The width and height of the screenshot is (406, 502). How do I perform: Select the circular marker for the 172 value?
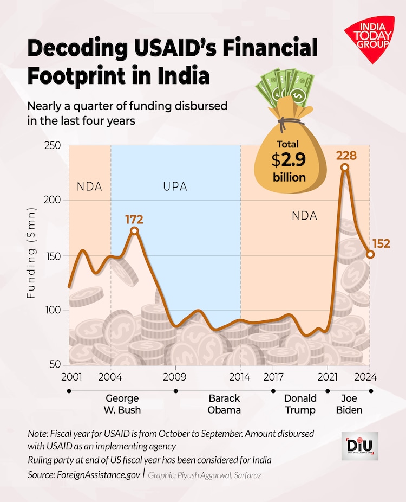pos(134,231)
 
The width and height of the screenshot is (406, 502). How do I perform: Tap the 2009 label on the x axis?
pos(175,376)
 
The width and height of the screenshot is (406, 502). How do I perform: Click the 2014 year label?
pos(240,376)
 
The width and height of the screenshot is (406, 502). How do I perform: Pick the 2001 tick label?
pos(69,376)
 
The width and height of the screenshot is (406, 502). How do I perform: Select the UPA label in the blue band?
pos(175,187)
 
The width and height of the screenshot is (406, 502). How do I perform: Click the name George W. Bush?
pos(122,404)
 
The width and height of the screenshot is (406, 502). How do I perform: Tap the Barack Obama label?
pos(224,404)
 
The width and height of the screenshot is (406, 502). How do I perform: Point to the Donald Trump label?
pos(300,404)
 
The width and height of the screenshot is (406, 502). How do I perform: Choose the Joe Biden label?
pos(349,404)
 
